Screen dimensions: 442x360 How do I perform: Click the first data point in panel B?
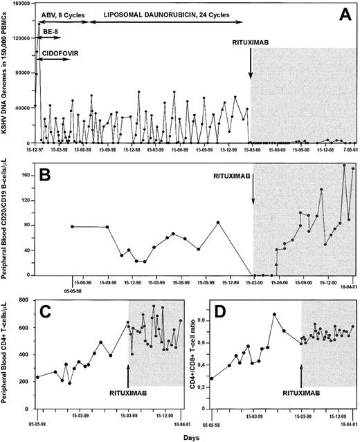[72, 226]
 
